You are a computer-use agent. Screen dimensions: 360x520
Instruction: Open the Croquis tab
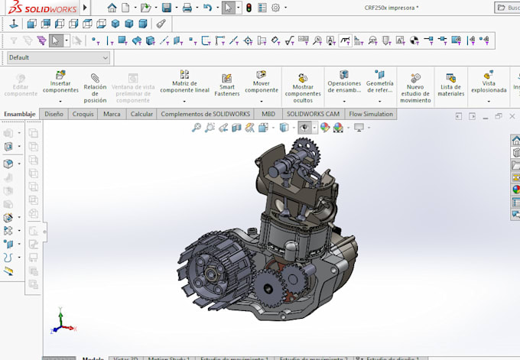[83, 114]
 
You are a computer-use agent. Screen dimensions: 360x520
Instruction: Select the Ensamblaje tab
[20, 114]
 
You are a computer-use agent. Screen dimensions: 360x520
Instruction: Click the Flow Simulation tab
[371, 114]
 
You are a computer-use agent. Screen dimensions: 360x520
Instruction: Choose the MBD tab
[268, 114]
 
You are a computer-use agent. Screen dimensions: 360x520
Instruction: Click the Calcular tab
[141, 114]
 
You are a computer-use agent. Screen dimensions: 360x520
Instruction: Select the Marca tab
[112, 114]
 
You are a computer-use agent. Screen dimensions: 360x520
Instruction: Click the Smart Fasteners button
[227, 85]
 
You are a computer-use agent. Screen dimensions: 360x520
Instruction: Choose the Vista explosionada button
[489, 84]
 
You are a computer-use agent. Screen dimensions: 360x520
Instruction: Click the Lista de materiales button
[451, 85]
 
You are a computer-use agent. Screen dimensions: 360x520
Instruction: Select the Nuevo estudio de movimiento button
[416, 88]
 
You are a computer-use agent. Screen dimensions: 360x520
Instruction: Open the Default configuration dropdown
[58, 57]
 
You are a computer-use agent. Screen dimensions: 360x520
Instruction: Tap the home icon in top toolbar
[112, 8]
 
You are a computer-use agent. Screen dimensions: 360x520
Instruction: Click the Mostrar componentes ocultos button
[303, 88]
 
